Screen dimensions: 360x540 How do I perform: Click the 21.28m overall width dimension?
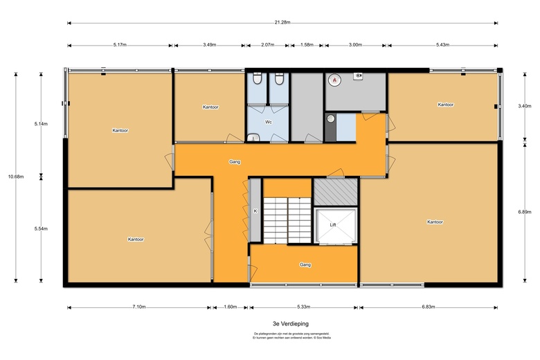tap(282, 23)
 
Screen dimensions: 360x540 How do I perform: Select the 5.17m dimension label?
tap(120, 46)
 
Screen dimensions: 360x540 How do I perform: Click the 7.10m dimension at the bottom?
tap(138, 307)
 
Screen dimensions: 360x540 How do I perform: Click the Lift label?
tap(332, 225)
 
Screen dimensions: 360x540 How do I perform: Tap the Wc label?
tap(268, 122)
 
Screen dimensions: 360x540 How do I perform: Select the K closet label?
tap(255, 211)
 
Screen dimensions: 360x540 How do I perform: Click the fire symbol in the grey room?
tap(334, 80)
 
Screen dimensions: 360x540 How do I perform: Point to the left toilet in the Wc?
tap(257, 80)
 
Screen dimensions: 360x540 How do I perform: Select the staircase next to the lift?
tap(287, 219)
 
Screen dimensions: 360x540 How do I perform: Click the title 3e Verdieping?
tap(290, 323)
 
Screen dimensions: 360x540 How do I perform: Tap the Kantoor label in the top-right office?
tap(445, 105)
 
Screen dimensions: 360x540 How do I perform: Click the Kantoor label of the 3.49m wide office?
tap(210, 107)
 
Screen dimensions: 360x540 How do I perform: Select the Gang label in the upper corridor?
tap(235, 161)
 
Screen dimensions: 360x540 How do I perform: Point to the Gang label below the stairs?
tap(305, 264)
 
